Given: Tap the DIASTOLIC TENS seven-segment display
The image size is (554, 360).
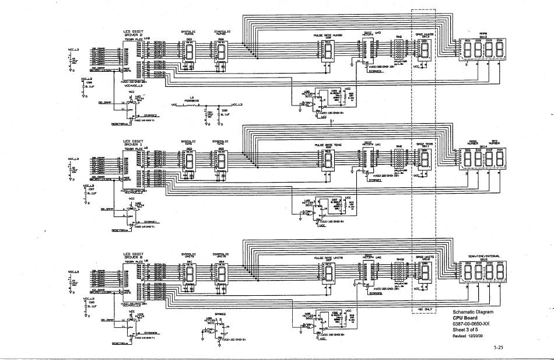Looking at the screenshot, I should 221,162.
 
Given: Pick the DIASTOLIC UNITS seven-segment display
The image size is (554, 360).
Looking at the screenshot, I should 221,274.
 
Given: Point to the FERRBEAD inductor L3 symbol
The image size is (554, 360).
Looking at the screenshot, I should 189,104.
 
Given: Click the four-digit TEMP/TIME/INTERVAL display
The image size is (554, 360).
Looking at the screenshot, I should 484,274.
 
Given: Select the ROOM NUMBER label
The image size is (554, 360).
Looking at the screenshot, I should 473,142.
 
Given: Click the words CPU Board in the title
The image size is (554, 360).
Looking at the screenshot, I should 467,318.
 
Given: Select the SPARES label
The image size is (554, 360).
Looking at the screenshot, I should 220,313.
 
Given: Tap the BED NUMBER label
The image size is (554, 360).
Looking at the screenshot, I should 495,142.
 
